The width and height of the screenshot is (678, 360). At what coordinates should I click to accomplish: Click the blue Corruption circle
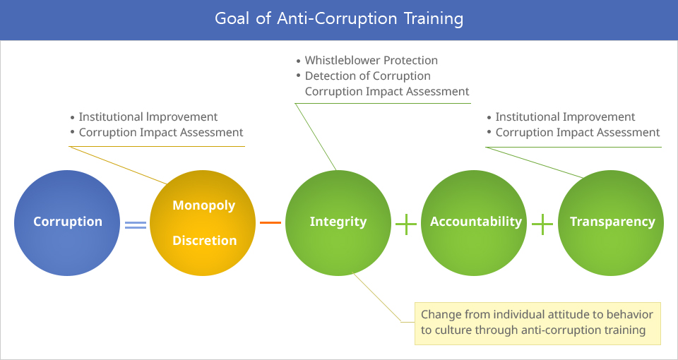(67, 222)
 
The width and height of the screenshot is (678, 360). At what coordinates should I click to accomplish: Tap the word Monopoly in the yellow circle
(204, 205)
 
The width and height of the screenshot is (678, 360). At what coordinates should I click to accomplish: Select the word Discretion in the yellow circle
(205, 240)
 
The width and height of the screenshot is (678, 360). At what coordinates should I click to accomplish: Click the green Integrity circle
(338, 222)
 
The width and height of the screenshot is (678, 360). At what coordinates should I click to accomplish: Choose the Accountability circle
(474, 222)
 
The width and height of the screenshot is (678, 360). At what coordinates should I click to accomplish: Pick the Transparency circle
(610, 222)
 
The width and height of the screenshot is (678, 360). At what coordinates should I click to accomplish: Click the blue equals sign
(136, 225)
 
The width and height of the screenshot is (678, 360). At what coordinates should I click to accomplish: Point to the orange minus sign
(270, 222)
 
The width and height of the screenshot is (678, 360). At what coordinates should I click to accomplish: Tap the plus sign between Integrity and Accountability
(406, 224)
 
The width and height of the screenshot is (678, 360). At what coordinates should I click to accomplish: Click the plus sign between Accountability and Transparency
(542, 224)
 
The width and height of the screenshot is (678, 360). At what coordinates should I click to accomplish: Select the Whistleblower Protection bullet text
(371, 61)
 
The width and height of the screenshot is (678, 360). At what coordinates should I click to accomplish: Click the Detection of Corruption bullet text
(368, 76)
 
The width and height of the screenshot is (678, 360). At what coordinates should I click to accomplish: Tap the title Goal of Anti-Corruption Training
(339, 19)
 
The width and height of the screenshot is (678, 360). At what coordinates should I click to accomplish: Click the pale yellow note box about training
(537, 323)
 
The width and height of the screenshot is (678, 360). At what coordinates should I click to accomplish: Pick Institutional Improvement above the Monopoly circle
(148, 117)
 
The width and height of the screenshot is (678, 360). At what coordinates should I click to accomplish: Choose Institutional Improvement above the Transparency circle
(565, 117)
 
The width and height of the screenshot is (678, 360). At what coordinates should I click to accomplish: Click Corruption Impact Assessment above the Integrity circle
(387, 92)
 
